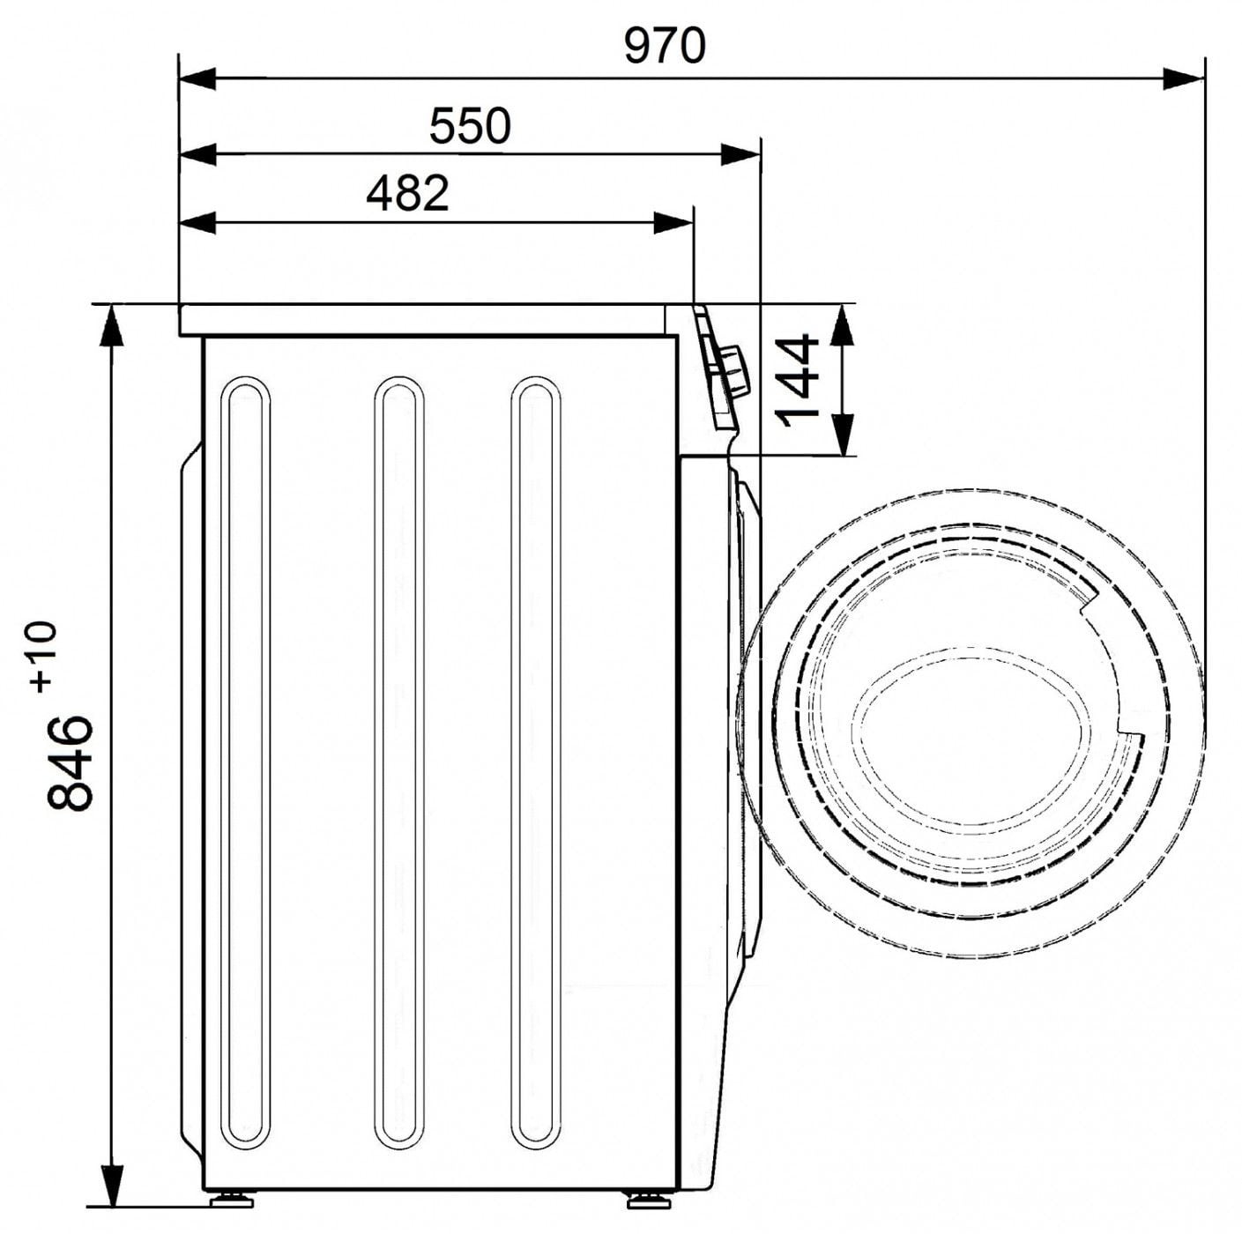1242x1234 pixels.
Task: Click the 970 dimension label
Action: (665, 46)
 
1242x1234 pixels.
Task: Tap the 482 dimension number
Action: (407, 193)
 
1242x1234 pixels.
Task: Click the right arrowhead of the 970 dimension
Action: (1183, 79)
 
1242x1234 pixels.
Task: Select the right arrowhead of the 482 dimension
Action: (673, 223)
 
